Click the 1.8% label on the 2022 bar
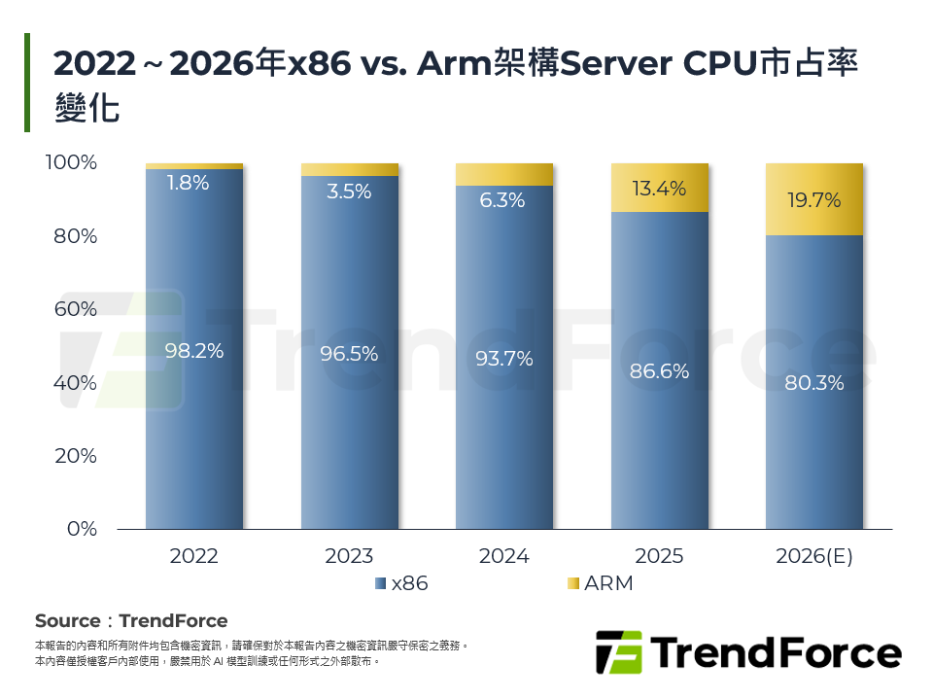point(187,182)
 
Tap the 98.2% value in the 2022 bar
point(193,351)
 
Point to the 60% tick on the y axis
point(74,309)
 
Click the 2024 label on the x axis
point(503,556)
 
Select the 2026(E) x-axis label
point(813,556)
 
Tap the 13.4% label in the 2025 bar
point(659,189)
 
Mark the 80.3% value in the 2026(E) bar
point(814,382)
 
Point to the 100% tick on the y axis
point(71,162)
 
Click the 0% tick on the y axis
point(82,529)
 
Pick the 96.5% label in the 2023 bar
point(349,354)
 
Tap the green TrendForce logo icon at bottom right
point(619,651)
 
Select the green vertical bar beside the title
point(27,83)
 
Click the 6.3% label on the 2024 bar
point(503,200)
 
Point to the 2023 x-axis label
point(349,556)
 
